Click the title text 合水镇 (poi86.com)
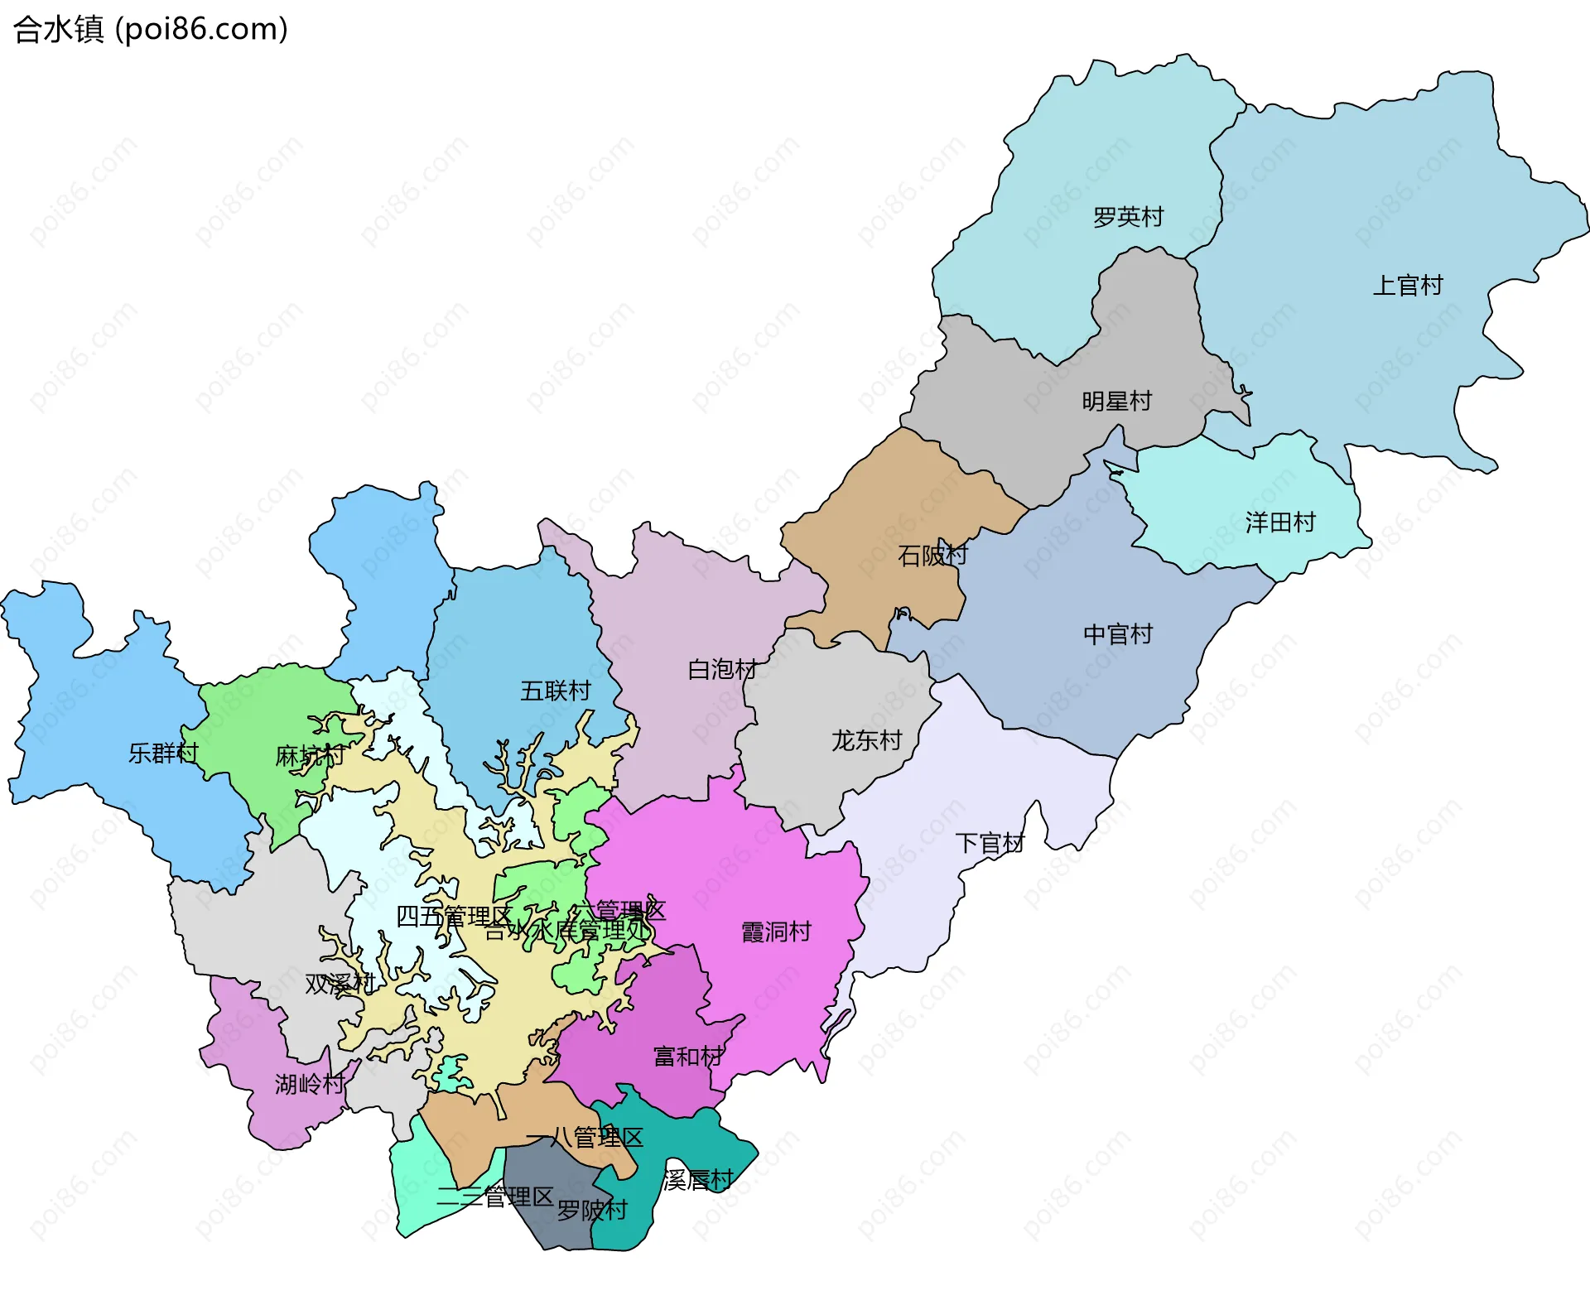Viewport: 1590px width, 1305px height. click(x=151, y=30)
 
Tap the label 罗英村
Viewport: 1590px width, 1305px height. click(x=1128, y=217)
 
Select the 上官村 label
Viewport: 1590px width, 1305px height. click(x=1407, y=286)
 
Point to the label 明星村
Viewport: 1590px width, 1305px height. click(x=1116, y=402)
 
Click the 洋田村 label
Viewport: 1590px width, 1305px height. click(x=1279, y=522)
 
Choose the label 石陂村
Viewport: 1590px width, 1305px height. click(x=932, y=555)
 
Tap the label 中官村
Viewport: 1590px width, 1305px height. click(x=1117, y=634)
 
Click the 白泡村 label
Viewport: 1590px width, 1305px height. click(x=722, y=669)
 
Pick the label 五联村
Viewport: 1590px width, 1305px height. click(x=555, y=691)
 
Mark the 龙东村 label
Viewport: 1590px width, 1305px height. click(x=866, y=740)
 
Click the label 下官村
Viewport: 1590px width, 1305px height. click(x=990, y=843)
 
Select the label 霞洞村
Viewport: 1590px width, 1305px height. click(x=776, y=932)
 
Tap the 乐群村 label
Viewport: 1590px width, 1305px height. click(x=163, y=753)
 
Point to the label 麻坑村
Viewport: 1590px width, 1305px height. click(x=309, y=756)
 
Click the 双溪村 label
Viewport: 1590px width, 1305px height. click(x=340, y=984)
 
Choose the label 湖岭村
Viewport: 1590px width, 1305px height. click(x=309, y=1084)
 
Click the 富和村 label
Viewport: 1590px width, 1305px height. click(x=687, y=1057)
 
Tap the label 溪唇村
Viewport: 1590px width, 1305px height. click(x=698, y=1180)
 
